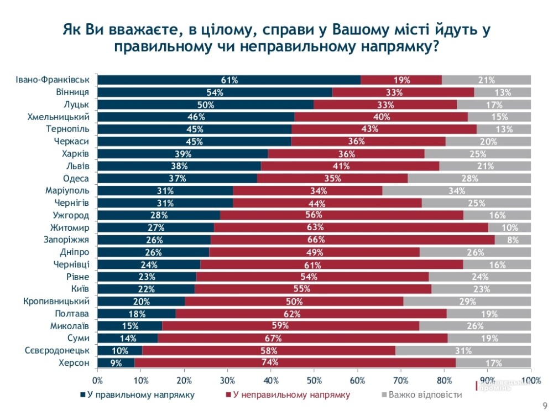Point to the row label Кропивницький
(56, 302)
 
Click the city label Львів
(78, 166)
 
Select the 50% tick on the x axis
(314, 380)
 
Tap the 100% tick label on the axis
(531, 380)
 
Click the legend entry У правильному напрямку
(138, 395)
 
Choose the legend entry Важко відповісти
(420, 395)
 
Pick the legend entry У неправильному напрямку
(288, 395)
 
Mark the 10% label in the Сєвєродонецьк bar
(120, 351)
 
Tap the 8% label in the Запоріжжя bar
(513, 240)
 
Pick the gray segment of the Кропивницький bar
(467, 302)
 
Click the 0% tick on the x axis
(98, 380)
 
